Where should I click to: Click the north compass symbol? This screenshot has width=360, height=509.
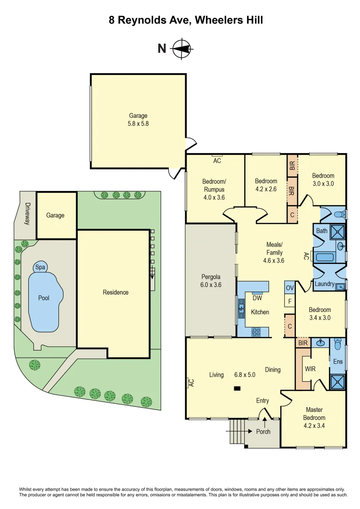pos(181,49)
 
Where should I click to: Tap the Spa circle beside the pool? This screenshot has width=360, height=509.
pos(41,268)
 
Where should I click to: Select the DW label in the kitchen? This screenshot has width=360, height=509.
pos(257,298)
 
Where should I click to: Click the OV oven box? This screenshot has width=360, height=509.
pos(289,287)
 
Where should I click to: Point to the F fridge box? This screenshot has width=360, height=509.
pos(289,301)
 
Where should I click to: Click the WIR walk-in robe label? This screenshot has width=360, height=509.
pos(310,368)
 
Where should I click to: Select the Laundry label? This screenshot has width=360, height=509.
pos(325,284)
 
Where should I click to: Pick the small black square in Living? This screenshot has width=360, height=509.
pos(237,388)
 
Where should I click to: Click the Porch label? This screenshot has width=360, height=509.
pos(263,431)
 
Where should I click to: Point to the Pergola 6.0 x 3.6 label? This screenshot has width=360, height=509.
pos(211,281)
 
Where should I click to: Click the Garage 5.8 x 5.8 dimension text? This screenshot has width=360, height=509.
pos(139,124)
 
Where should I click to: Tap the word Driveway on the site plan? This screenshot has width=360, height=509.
pos(27,213)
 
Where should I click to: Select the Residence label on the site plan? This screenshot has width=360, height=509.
pos(115,292)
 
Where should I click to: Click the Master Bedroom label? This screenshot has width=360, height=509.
pos(314,414)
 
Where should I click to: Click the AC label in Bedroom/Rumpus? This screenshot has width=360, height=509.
pos(217,161)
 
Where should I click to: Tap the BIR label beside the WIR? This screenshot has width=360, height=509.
pos(303,343)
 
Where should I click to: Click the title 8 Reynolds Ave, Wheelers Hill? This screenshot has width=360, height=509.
pos(180,20)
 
